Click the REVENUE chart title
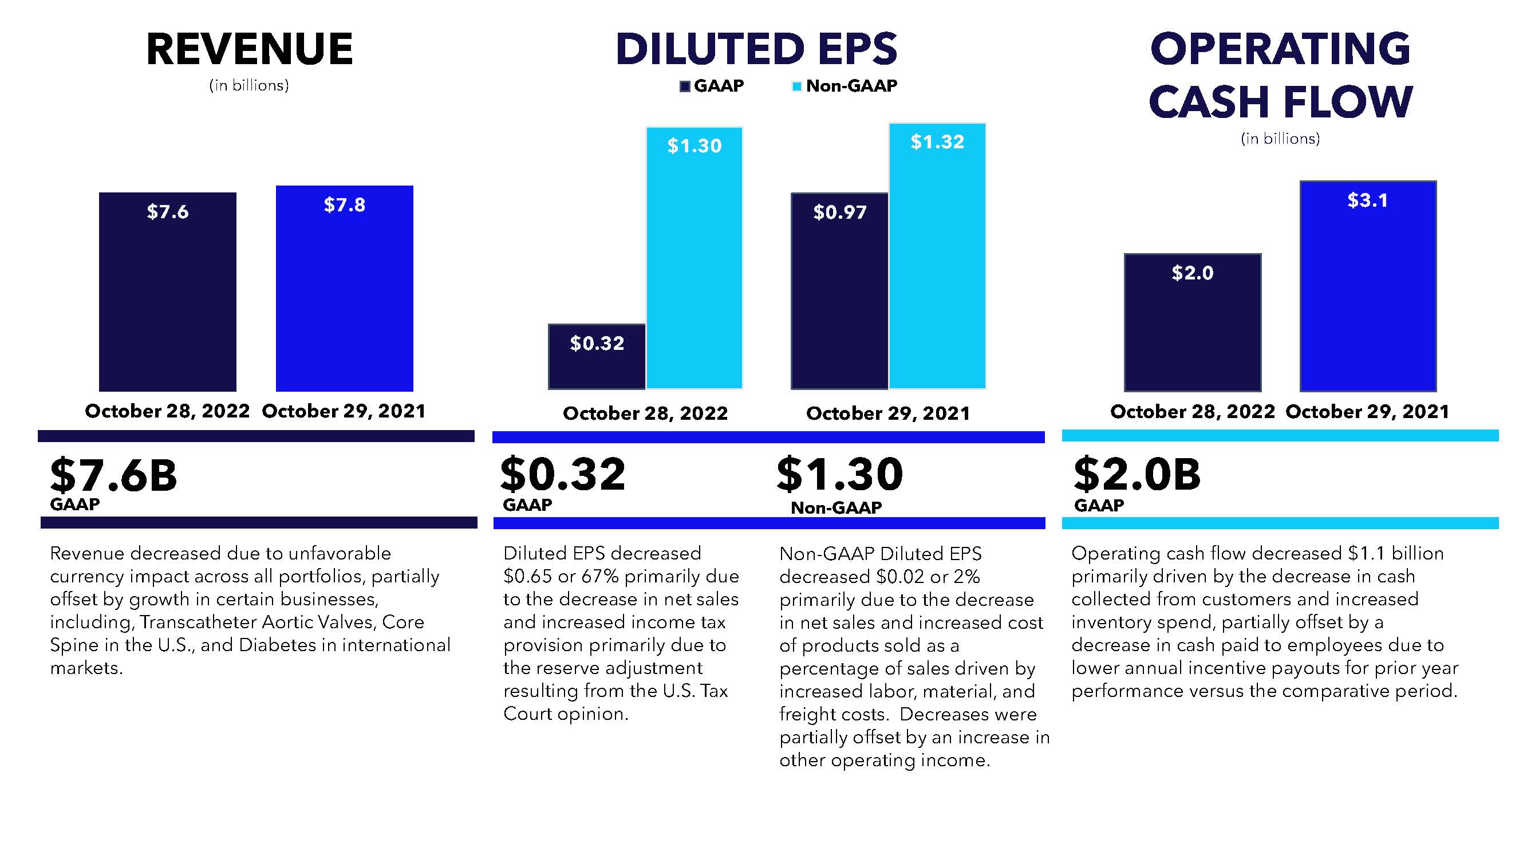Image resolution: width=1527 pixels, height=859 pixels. [250, 49]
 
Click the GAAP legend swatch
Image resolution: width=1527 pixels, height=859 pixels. [685, 86]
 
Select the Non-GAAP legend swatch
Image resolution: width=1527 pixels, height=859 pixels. [796, 86]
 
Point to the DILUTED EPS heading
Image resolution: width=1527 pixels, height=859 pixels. [756, 49]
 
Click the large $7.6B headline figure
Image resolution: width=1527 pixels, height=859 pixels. [114, 475]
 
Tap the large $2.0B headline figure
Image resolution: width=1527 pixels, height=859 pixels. [1137, 475]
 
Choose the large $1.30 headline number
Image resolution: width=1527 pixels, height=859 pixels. [840, 475]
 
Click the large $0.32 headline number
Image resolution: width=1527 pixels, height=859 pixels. [563, 475]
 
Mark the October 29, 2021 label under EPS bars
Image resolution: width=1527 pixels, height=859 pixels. [888, 413]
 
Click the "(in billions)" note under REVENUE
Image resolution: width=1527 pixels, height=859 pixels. [249, 86]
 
